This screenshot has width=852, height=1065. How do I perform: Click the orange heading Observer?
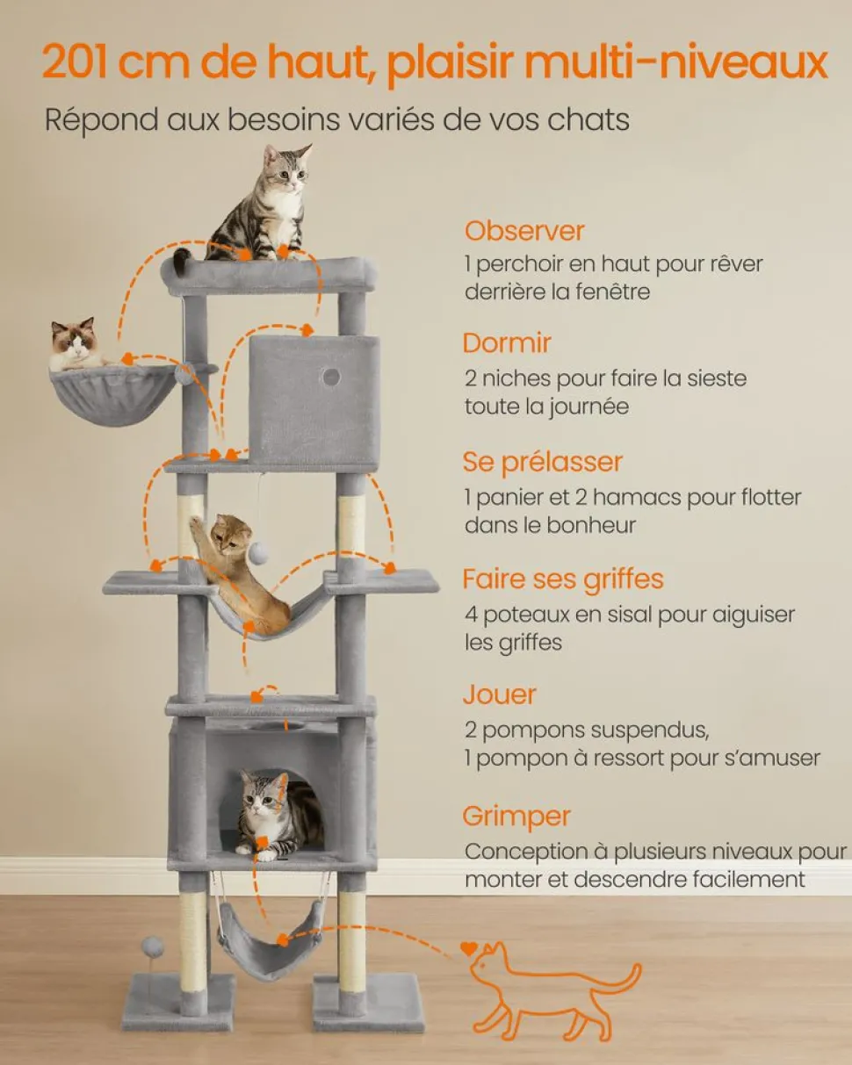(524, 231)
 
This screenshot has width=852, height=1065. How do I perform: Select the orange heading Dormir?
(507, 343)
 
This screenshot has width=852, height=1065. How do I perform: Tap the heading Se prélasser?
(542, 463)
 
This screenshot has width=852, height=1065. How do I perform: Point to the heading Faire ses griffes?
(563, 579)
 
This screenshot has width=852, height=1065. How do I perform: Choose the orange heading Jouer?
(499, 694)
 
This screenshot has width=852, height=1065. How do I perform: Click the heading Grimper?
(516, 817)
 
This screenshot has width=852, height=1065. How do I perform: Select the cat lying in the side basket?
(77, 344)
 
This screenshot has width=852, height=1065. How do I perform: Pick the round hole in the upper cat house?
(330, 378)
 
